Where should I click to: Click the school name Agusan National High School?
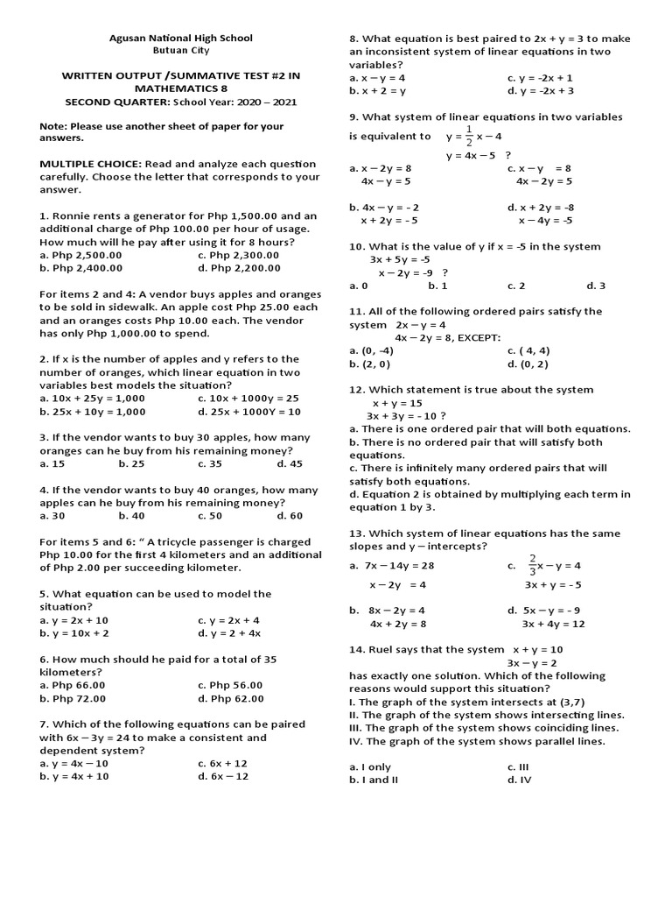click(180, 38)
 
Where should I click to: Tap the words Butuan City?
click(180, 51)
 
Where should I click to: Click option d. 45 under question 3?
click(290, 463)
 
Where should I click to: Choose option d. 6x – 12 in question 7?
click(223, 776)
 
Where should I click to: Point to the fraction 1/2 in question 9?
click(469, 136)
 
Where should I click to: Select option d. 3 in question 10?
click(596, 286)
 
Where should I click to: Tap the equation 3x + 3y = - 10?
click(406, 415)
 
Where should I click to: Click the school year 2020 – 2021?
click(269, 102)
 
